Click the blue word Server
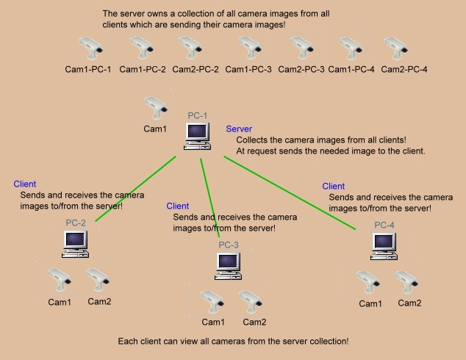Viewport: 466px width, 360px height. click(x=239, y=129)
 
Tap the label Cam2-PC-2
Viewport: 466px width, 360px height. click(x=196, y=69)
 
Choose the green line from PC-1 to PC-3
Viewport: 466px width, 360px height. click(x=213, y=195)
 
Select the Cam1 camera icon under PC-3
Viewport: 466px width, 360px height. click(x=212, y=301)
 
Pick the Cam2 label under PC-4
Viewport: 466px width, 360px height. click(x=409, y=303)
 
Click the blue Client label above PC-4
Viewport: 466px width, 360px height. click(x=334, y=187)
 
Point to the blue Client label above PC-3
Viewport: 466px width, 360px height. click(x=178, y=206)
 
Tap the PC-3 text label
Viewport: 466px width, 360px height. click(x=229, y=245)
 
